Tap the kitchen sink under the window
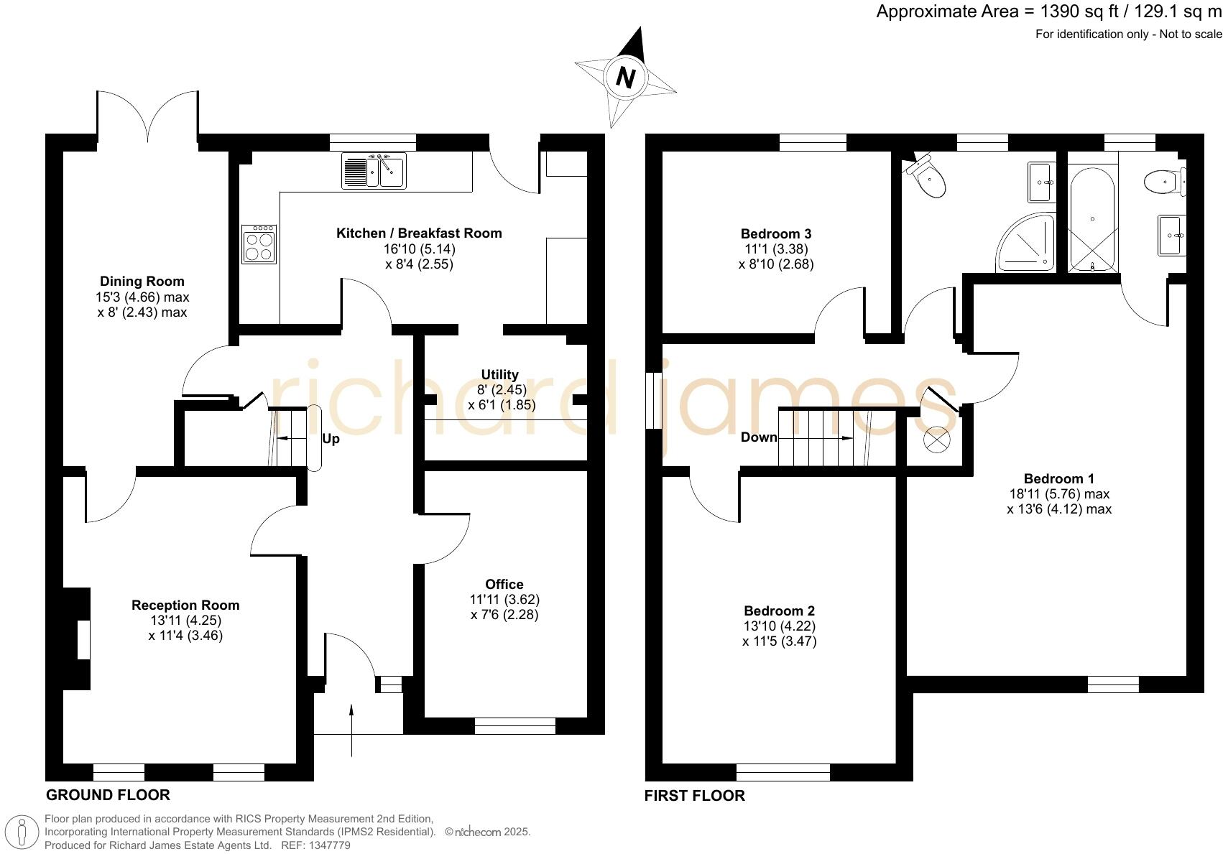tap(374, 171)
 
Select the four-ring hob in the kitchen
tap(259, 244)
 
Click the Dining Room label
tap(142, 282)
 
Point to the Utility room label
tap(499, 375)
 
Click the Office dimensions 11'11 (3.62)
tap(504, 599)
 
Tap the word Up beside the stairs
tap(331, 439)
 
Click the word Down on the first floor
tap(759, 437)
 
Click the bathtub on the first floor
tap(1092, 219)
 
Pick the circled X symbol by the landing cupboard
tap(936, 440)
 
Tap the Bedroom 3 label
tap(776, 234)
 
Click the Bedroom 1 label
tap(1058, 479)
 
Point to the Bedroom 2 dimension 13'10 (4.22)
tap(780, 626)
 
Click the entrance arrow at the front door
tap(351, 729)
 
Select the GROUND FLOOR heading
tap(108, 795)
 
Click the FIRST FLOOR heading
tap(694, 796)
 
